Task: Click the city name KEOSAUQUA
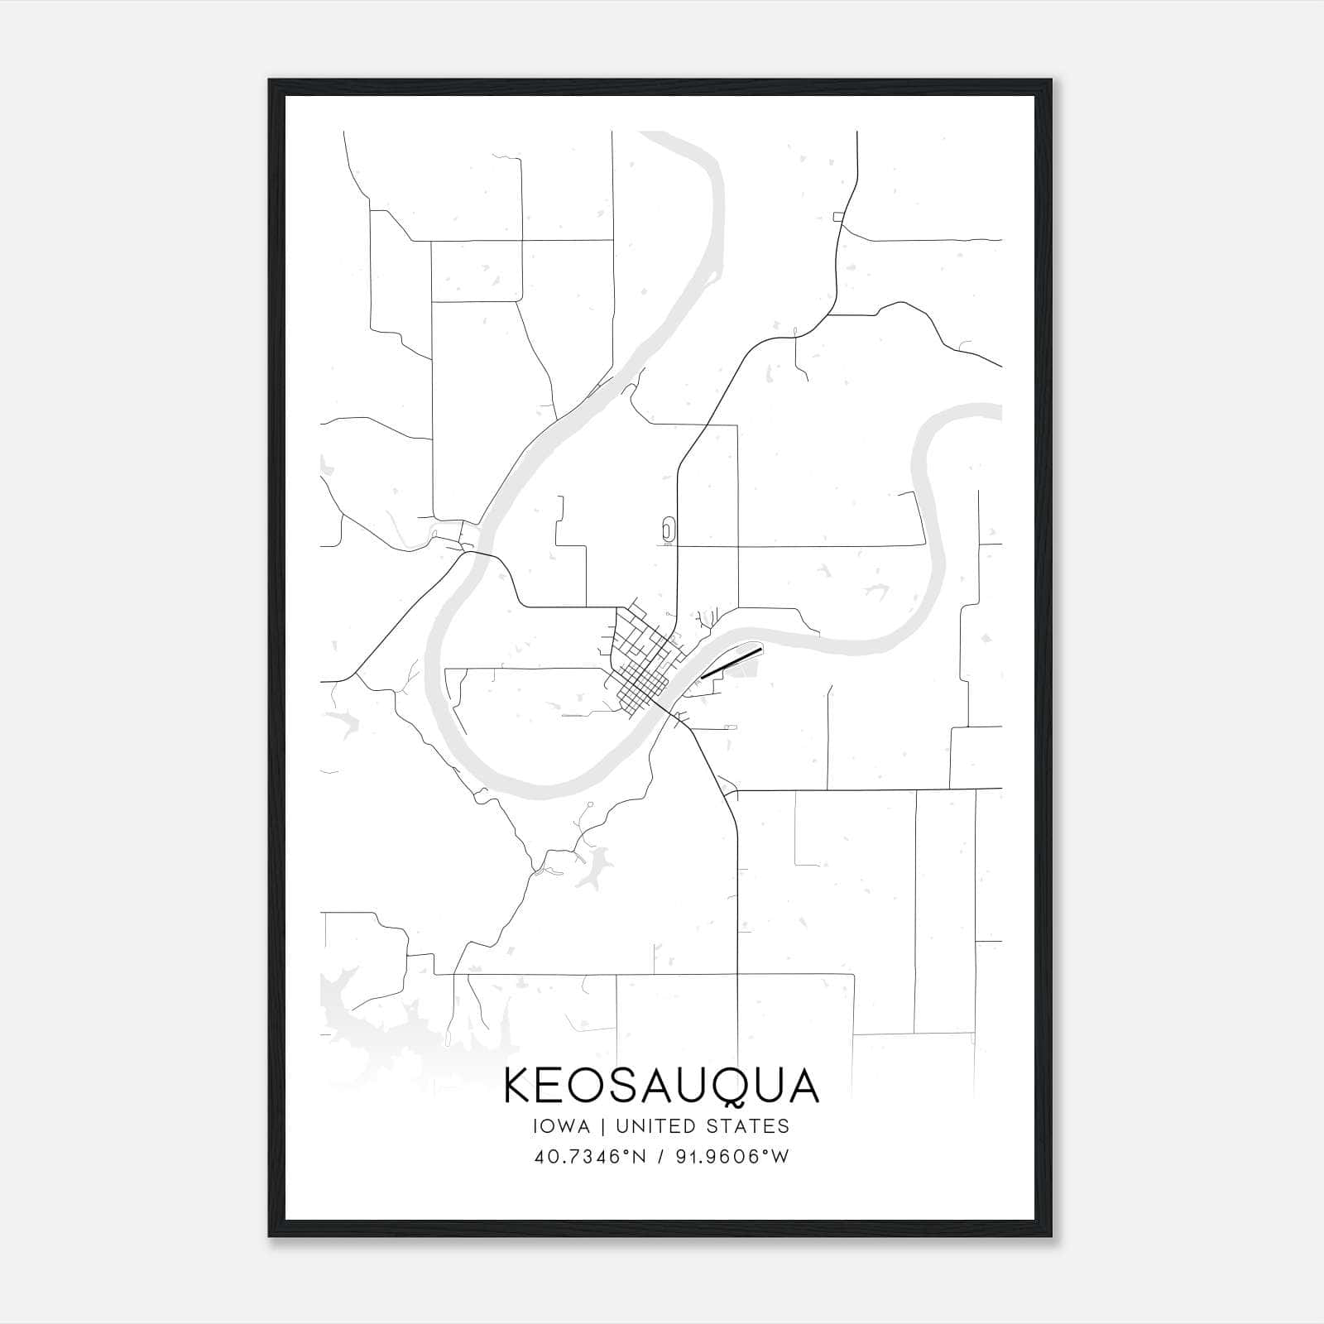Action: coord(661,1086)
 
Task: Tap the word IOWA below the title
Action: coord(562,1126)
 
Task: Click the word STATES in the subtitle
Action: coord(751,1126)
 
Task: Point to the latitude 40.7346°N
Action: coord(589,1156)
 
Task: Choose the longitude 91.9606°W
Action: coord(732,1156)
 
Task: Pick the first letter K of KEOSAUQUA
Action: coord(518,1086)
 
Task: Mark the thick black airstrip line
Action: coord(730,663)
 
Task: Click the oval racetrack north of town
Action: coord(668,529)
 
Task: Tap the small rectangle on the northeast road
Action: coord(838,217)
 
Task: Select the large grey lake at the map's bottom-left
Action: coord(372,1026)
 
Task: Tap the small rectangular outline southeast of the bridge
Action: coord(729,726)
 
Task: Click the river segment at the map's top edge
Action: coord(662,137)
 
